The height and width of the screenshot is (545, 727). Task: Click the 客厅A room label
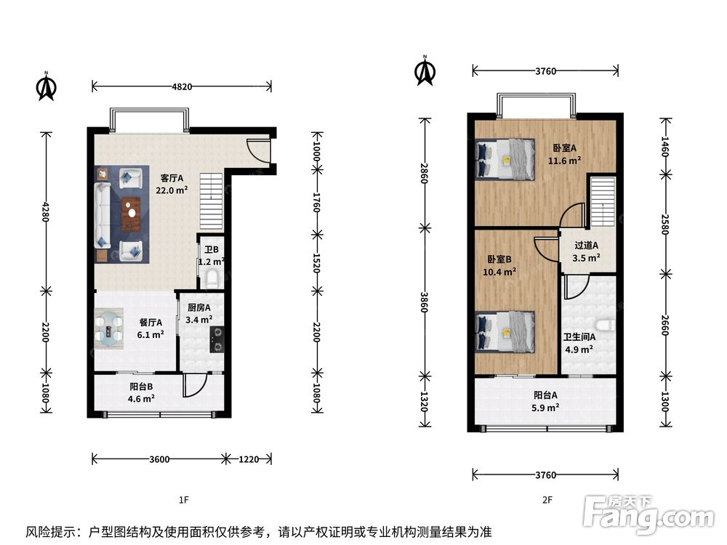[x=172, y=178]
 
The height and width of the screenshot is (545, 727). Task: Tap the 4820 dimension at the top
[x=182, y=86]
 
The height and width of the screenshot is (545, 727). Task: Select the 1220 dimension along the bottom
[x=249, y=459]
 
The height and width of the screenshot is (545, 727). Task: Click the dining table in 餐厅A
[x=110, y=328]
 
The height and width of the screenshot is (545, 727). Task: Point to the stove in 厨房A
[x=217, y=339]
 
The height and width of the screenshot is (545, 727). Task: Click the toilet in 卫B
[x=212, y=279]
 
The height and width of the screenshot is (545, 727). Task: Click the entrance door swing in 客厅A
[x=258, y=150]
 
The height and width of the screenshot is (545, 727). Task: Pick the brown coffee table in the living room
[x=132, y=214]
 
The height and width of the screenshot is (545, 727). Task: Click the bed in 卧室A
[x=505, y=159]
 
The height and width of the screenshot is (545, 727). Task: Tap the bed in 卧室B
[x=505, y=332]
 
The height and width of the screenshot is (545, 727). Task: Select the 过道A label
[x=587, y=246]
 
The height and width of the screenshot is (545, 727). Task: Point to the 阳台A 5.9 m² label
[x=546, y=401]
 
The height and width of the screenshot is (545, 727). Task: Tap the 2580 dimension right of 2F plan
[x=665, y=225]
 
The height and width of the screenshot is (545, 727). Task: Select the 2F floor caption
[x=547, y=500]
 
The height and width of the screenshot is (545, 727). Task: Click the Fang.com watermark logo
[x=648, y=515]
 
